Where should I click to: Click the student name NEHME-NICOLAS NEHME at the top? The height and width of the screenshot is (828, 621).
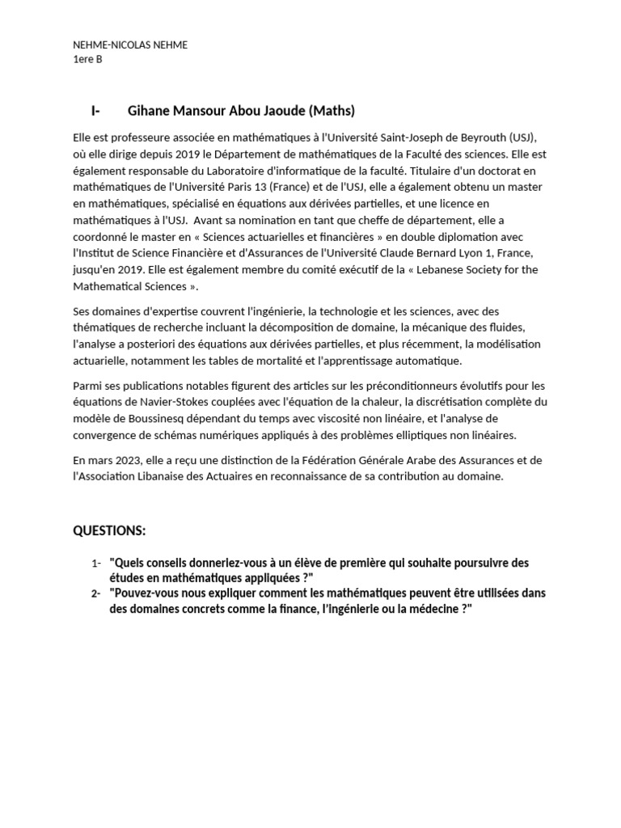[x=130, y=45]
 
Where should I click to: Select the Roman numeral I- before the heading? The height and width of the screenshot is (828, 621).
[x=95, y=111]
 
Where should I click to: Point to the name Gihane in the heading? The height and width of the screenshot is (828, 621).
[x=150, y=111]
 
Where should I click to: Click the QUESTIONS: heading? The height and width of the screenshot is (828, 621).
[x=110, y=530]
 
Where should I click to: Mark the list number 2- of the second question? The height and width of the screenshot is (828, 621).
[x=96, y=594]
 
